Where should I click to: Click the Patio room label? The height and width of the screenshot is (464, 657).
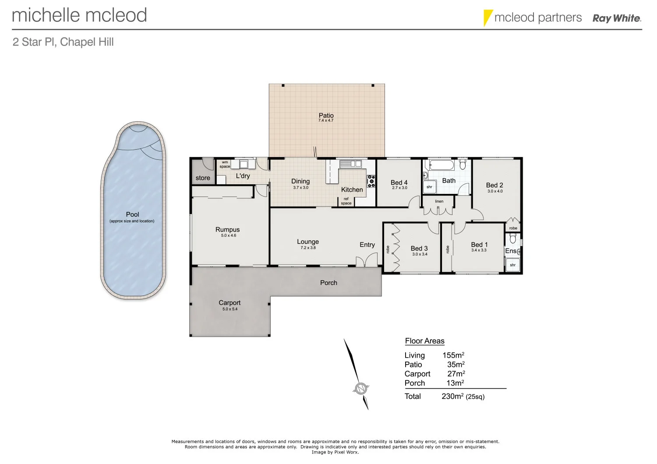pyautogui.click(x=326, y=116)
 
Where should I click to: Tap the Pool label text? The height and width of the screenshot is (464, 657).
pyautogui.click(x=132, y=214)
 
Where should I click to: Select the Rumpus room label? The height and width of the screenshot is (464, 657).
pyautogui.click(x=227, y=229)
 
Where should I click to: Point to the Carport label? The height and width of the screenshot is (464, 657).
pyautogui.click(x=230, y=302)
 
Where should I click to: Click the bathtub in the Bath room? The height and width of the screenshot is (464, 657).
pyautogui.click(x=442, y=165)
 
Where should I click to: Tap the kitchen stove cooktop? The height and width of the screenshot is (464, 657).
pyautogui.click(x=371, y=181)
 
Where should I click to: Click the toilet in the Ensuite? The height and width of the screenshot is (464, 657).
pyautogui.click(x=513, y=239)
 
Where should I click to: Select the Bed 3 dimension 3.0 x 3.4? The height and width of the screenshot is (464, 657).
pyautogui.click(x=420, y=254)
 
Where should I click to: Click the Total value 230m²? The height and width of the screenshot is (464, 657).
pyautogui.click(x=452, y=396)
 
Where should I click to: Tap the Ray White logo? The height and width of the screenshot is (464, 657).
pyautogui.click(x=616, y=18)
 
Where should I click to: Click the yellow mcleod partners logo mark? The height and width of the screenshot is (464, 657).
pyautogui.click(x=487, y=18)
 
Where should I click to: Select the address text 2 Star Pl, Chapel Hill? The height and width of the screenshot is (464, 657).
pyautogui.click(x=63, y=42)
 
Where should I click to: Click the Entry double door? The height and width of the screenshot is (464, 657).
pyautogui.click(x=367, y=262)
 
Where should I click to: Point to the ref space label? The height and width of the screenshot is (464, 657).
pyautogui.click(x=346, y=201)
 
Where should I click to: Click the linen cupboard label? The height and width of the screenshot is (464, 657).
pyautogui.click(x=439, y=201)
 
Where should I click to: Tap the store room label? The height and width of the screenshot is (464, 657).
pyautogui.click(x=203, y=178)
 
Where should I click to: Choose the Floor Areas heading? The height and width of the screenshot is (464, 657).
pyautogui.click(x=424, y=341)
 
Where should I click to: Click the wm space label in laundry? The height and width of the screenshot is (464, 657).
pyautogui.click(x=225, y=164)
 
